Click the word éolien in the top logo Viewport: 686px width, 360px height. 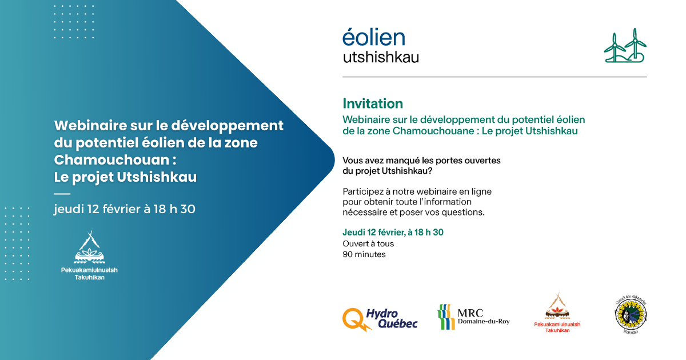coord(374,38)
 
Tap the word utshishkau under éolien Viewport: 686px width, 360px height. coord(381,57)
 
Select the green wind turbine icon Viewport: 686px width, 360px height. coord(624,46)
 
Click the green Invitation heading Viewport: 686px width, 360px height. coord(373,103)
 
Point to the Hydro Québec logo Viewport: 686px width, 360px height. coord(380,319)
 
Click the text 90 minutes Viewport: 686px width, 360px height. coord(364,254)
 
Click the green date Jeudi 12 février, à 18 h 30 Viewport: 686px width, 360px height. coord(393,232)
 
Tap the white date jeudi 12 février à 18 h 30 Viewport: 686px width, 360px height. coord(125,209)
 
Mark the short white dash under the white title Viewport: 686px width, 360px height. coord(62,194)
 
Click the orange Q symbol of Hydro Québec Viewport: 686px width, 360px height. coord(353,319)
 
